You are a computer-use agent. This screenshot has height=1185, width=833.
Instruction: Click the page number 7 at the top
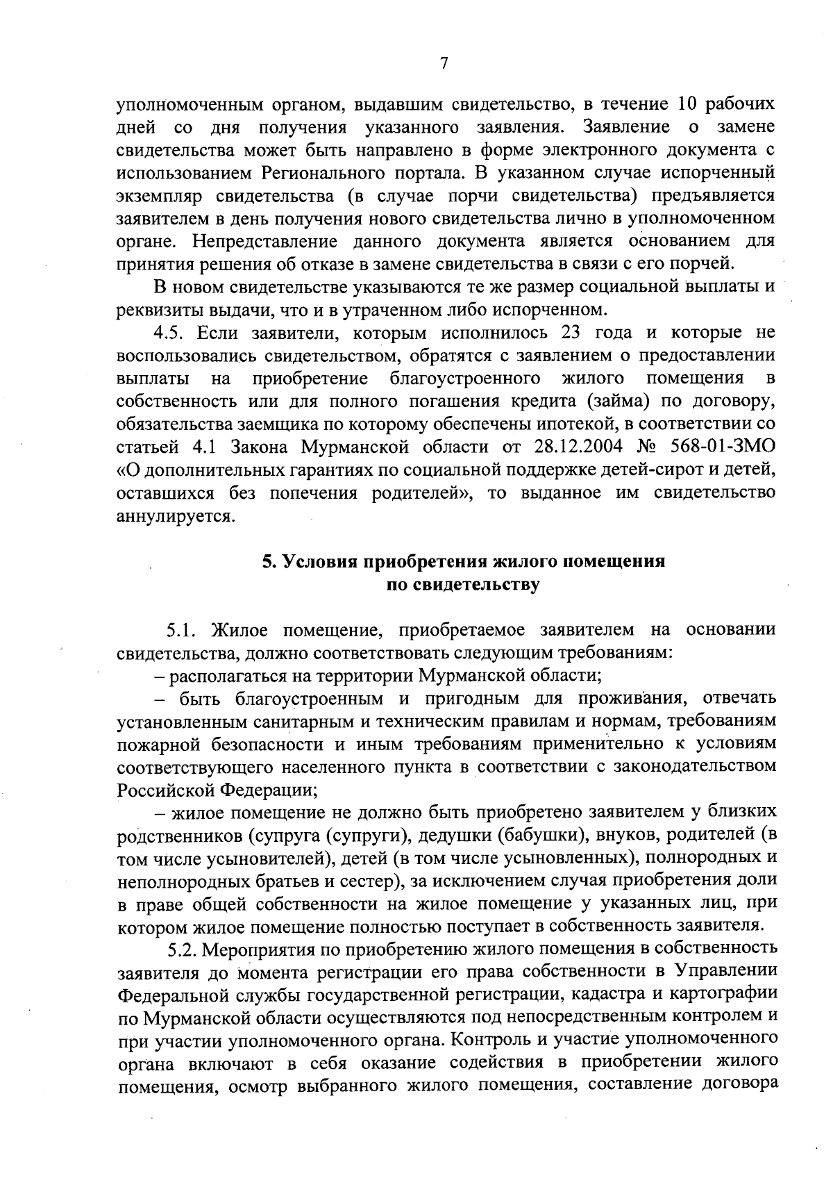[444, 63]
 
